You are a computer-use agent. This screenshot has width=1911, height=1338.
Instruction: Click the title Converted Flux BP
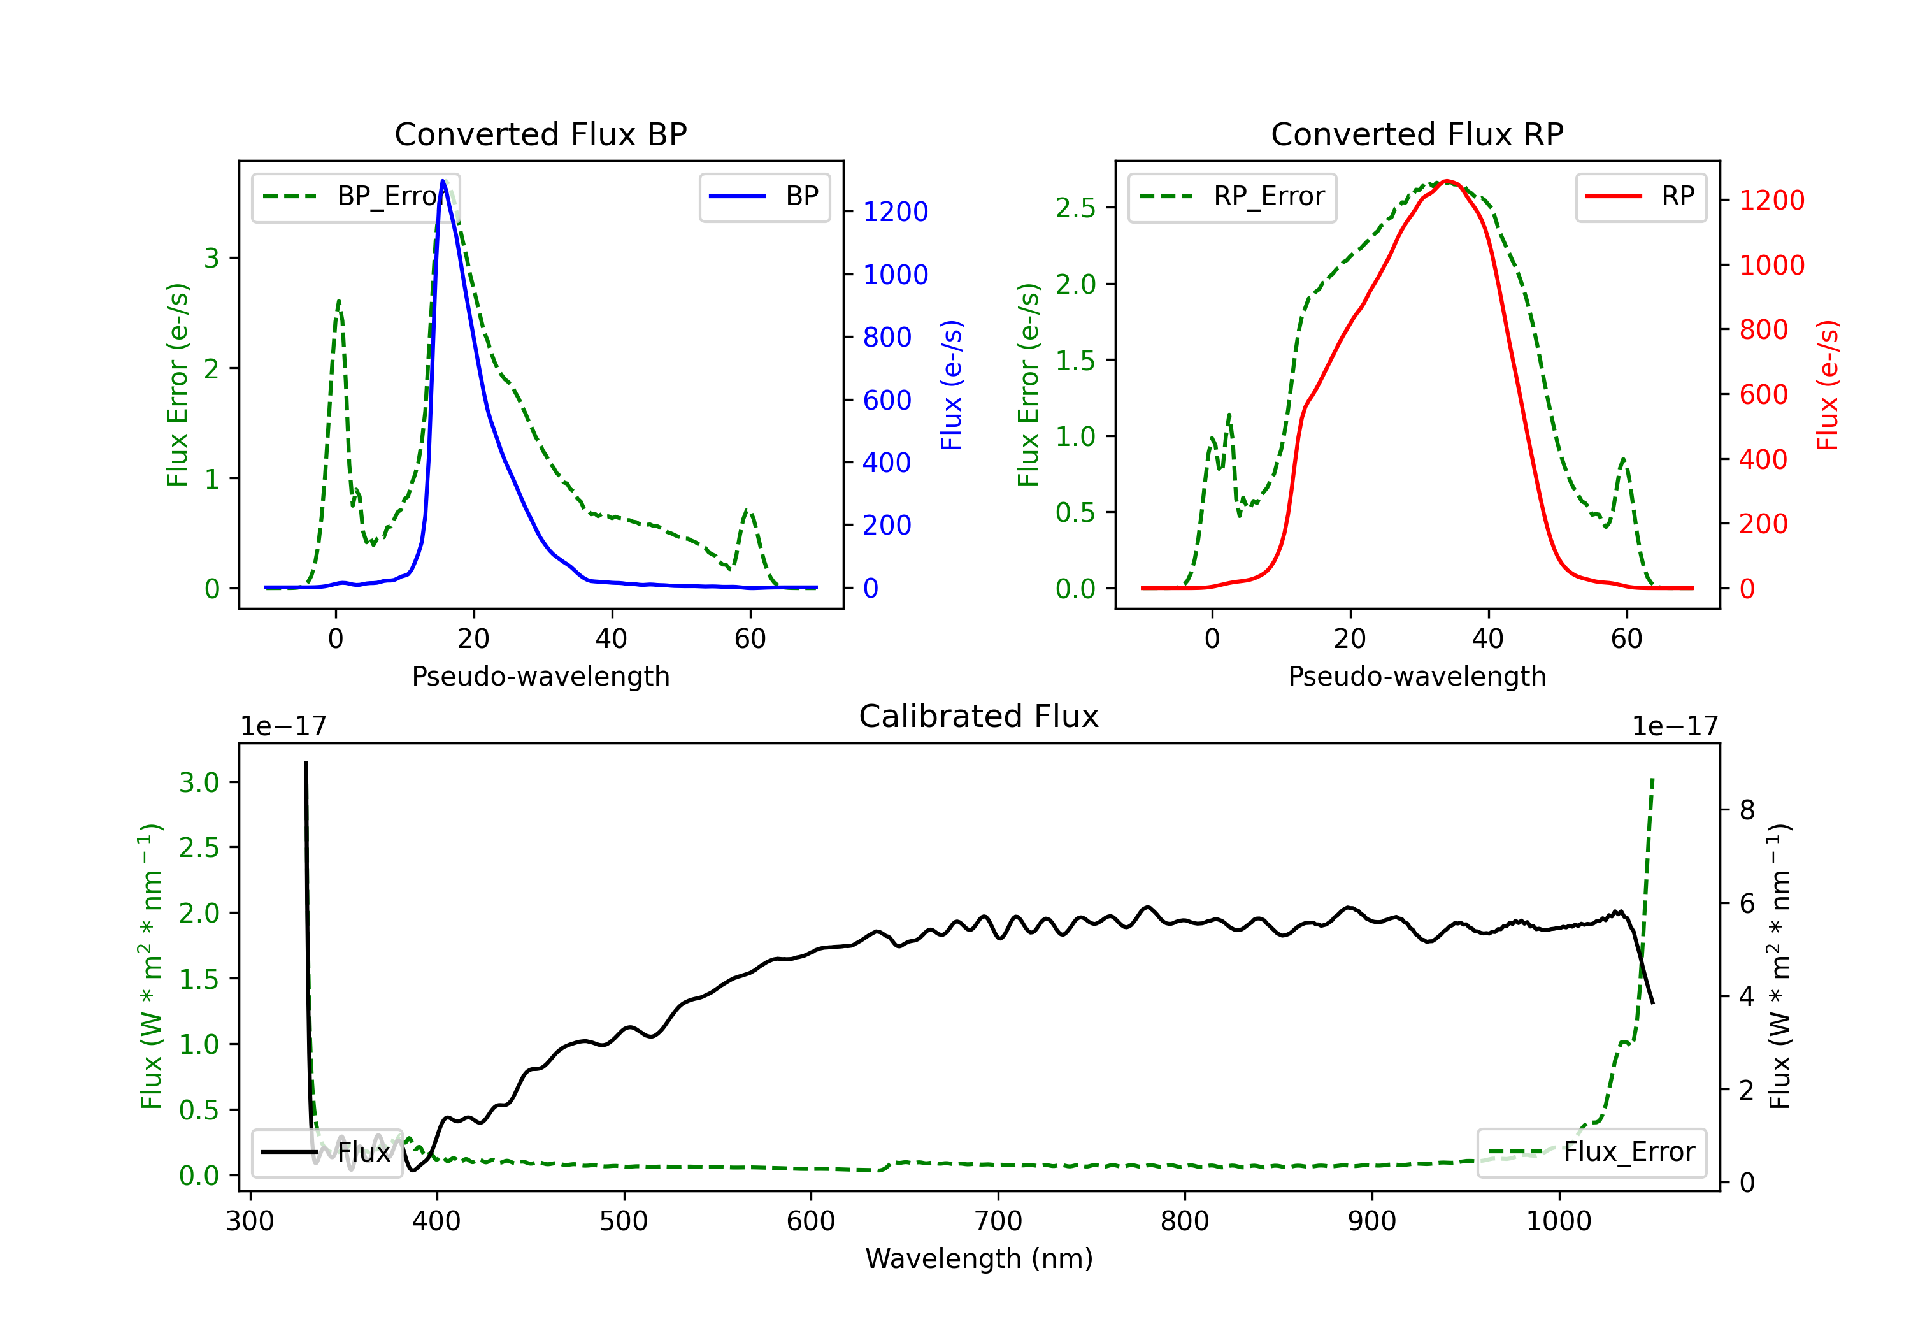tap(540, 134)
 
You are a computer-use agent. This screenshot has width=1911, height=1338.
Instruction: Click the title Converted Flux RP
tap(1417, 134)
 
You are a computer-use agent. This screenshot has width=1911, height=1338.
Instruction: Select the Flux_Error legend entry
tap(1591, 1153)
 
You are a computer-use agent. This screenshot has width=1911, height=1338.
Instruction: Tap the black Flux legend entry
tap(326, 1153)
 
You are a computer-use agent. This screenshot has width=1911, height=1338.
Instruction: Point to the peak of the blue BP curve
tap(443, 181)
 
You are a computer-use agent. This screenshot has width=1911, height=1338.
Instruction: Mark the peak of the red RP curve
tap(1447, 181)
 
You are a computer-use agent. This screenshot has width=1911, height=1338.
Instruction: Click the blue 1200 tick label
tap(895, 212)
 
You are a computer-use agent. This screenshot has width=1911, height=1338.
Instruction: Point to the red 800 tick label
tap(1763, 329)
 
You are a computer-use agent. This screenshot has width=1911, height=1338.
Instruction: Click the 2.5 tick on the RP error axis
tap(1075, 208)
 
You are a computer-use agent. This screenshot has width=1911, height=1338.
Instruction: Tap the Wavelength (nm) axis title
tap(979, 1259)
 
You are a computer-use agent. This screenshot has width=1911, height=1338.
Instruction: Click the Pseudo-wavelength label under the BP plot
tap(540, 676)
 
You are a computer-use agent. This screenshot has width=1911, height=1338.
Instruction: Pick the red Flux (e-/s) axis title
tap(1828, 385)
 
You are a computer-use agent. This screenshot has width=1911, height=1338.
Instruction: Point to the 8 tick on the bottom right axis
tap(1747, 810)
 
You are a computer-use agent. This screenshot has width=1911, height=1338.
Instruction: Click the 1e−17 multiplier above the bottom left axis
tap(283, 726)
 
